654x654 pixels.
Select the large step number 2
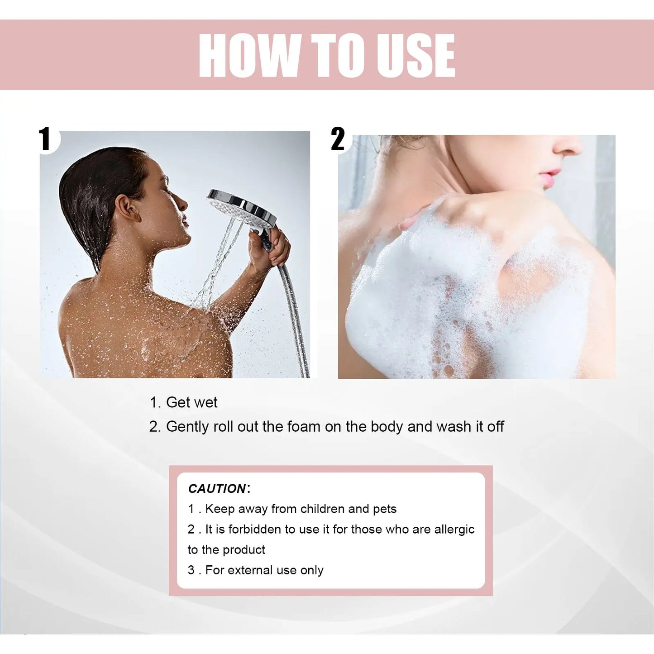(338, 139)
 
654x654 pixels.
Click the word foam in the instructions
(304, 426)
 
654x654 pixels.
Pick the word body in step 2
(387, 426)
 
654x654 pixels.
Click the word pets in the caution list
(385, 509)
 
